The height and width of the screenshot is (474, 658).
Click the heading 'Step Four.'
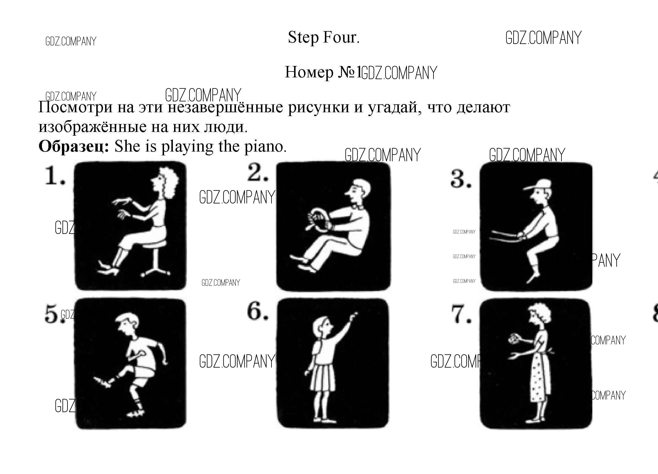pyautogui.click(x=324, y=38)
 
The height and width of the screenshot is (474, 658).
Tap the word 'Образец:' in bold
pyautogui.click(x=74, y=147)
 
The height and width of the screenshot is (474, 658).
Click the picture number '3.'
pyautogui.click(x=461, y=179)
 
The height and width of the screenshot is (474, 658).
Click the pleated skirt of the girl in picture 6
pyautogui.click(x=323, y=378)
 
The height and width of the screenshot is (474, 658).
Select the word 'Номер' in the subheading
pyautogui.click(x=309, y=72)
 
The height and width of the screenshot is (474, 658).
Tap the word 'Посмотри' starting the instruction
pyautogui.click(x=75, y=107)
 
